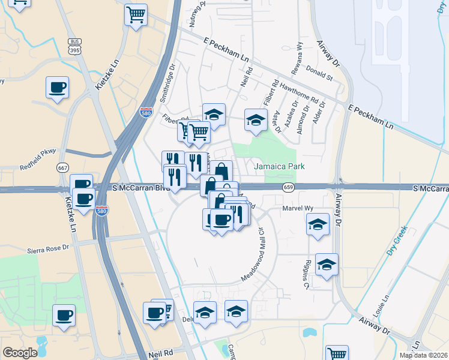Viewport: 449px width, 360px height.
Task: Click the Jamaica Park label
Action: (279, 166)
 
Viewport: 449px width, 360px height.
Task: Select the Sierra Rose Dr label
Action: (49, 248)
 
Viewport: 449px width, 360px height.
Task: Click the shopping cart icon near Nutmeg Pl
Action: (136, 14)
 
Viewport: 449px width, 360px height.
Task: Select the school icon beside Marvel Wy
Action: (318, 224)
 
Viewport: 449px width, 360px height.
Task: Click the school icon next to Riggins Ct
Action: (327, 264)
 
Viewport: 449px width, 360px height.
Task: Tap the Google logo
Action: (20, 353)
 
